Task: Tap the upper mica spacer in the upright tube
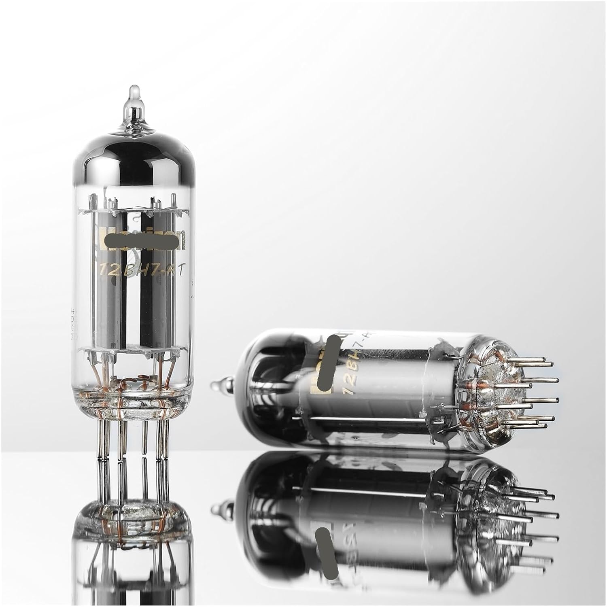click(x=134, y=210)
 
